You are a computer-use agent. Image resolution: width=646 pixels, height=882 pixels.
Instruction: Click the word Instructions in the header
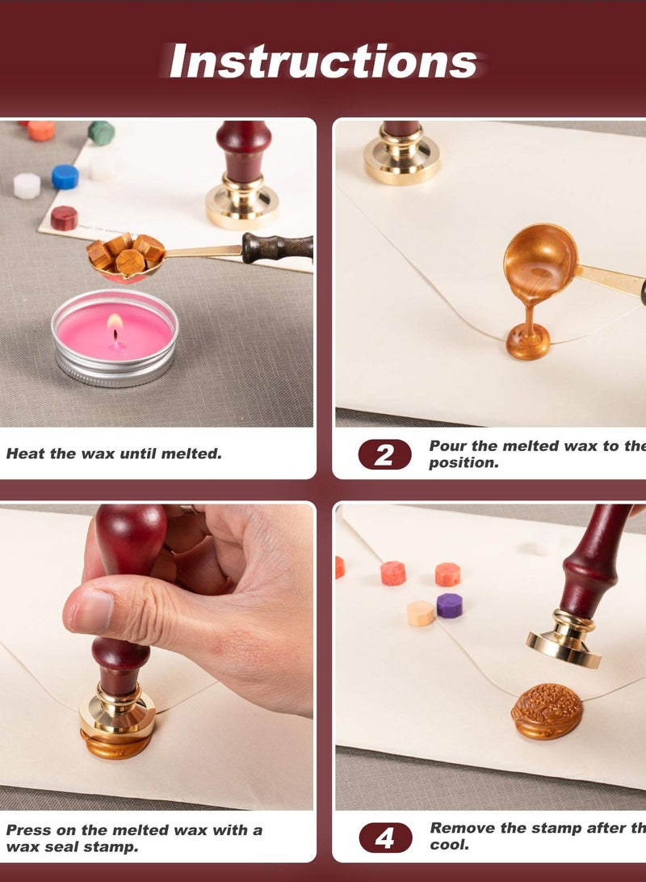pos(323,61)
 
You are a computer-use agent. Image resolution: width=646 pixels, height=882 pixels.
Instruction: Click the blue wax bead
pos(65,176)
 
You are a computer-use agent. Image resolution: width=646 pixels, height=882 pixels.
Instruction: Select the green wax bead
pos(101,133)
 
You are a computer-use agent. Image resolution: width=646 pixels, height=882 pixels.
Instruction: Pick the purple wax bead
pos(450,605)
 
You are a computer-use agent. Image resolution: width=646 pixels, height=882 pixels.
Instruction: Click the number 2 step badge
pos(384,454)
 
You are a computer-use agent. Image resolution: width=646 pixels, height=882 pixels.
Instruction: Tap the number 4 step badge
pos(384,838)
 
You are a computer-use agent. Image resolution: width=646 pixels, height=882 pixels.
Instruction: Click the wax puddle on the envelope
pos(528,343)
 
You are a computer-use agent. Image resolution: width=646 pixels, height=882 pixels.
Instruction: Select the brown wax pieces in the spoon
pos(125,251)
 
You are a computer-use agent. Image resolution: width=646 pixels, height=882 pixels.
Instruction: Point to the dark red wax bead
pos(64,217)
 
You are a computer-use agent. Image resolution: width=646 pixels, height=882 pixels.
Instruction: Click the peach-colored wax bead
pos(420,612)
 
